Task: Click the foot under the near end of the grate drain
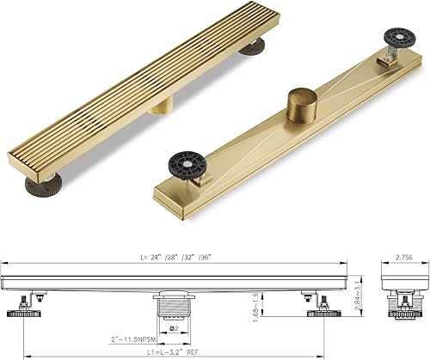pyautogui.click(x=43, y=182)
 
